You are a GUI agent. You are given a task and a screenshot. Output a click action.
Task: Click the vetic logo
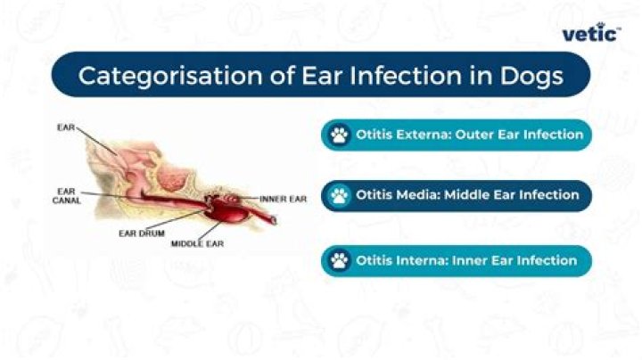point(591,33)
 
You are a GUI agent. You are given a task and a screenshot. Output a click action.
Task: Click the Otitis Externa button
point(456,135)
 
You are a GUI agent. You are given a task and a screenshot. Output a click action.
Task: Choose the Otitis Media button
point(456,195)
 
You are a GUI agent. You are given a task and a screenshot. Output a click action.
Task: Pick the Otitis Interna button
point(456,261)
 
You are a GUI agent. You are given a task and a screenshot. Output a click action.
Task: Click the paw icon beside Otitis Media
point(339,196)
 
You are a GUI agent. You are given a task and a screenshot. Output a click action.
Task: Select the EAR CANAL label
point(66,195)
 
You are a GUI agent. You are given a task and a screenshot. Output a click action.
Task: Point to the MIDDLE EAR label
point(196,243)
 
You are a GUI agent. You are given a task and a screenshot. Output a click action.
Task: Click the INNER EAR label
point(283,199)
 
